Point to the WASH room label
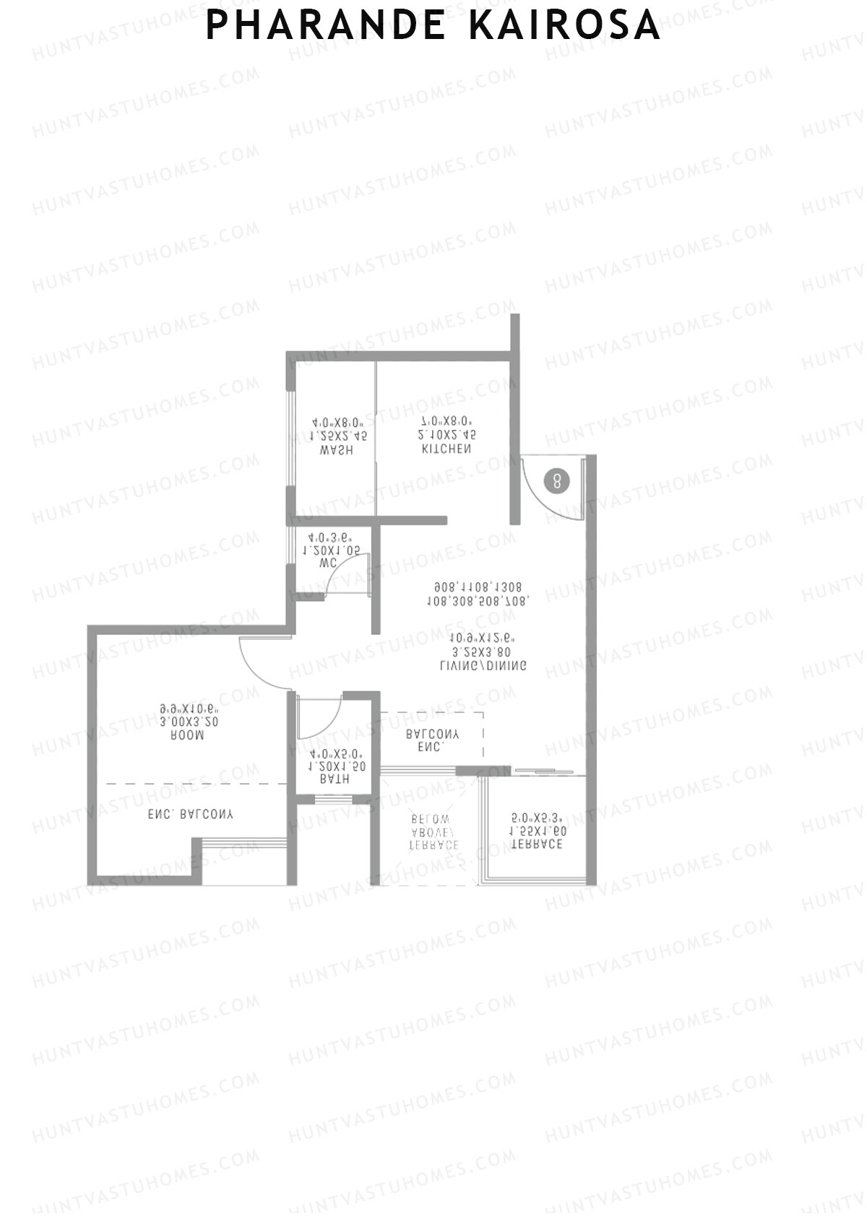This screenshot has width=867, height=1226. [x=337, y=450]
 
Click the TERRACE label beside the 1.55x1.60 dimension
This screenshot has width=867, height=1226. [x=537, y=845]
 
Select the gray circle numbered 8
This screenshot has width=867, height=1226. [x=556, y=480]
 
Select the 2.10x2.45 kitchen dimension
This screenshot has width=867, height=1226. [x=447, y=435]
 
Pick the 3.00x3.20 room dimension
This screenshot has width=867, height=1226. [x=189, y=721]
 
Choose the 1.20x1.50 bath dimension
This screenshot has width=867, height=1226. [x=333, y=766]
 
